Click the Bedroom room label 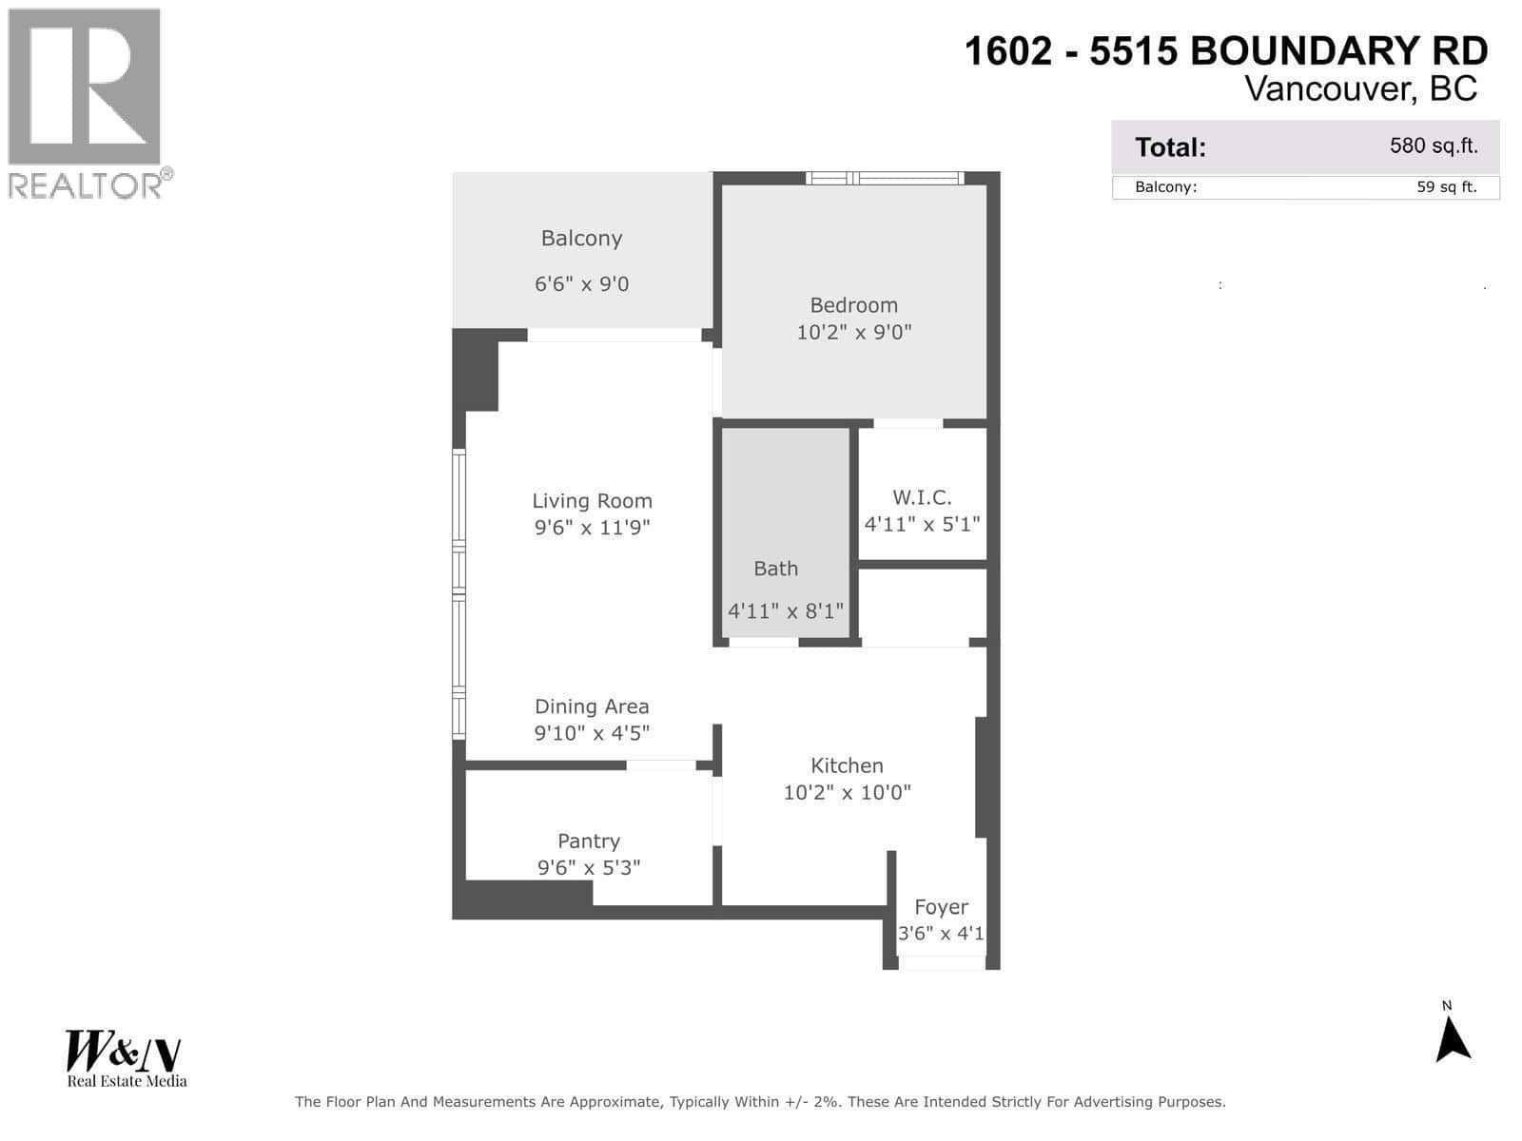(x=853, y=305)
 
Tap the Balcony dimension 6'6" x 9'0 (x=581, y=284)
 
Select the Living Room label (x=592, y=501)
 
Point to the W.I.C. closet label (x=922, y=497)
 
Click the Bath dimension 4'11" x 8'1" (x=786, y=611)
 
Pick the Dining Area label (x=592, y=706)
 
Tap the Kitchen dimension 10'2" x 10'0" (x=847, y=792)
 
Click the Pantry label (x=589, y=841)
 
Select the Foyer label (x=941, y=907)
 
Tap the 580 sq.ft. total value (x=1434, y=146)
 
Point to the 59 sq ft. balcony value (x=1446, y=187)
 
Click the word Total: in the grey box (x=1170, y=147)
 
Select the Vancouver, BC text (x=1360, y=88)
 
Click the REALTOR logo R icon (x=85, y=87)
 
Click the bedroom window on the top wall (x=885, y=178)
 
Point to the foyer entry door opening (x=941, y=963)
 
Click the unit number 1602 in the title (x=1008, y=51)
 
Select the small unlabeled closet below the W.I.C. (x=922, y=606)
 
